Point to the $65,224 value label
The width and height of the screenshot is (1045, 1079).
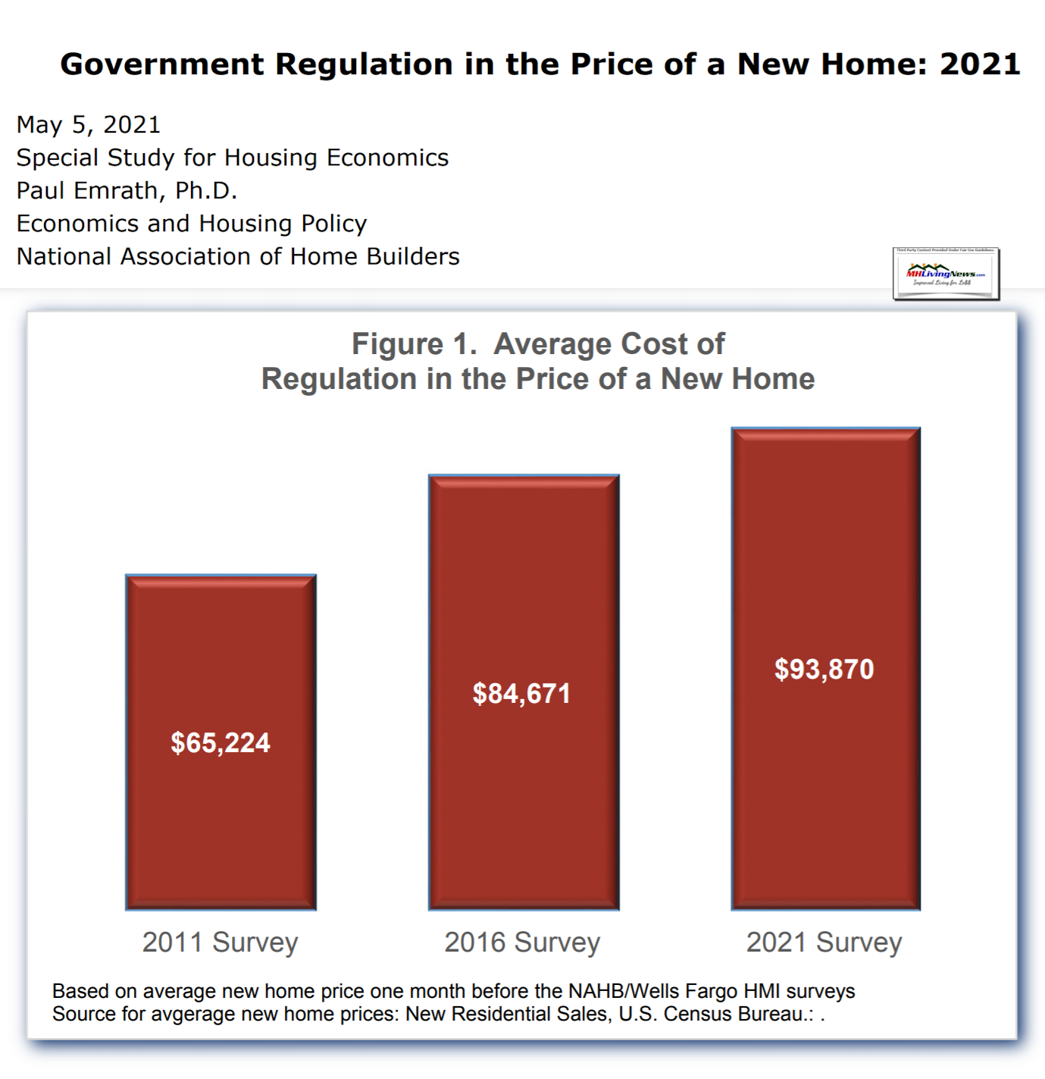pos(221,743)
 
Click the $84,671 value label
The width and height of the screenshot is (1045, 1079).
pos(521,694)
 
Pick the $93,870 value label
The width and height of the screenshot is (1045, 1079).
pos(824,670)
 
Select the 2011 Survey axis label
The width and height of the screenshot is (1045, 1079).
pos(221,943)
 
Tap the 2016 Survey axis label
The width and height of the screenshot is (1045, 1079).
pos(522,943)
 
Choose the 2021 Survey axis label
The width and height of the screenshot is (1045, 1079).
pos(824,943)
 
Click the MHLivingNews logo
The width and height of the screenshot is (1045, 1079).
pos(946,274)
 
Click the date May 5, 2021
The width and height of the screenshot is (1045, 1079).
pos(89,124)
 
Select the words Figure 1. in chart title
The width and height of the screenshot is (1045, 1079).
pos(414,344)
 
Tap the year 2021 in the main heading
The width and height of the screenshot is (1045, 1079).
pos(980,64)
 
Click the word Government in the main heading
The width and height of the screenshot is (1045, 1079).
pos(162,64)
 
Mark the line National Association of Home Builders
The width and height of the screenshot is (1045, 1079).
pos(238,256)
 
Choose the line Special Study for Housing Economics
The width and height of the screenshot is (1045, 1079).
pos(233,158)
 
